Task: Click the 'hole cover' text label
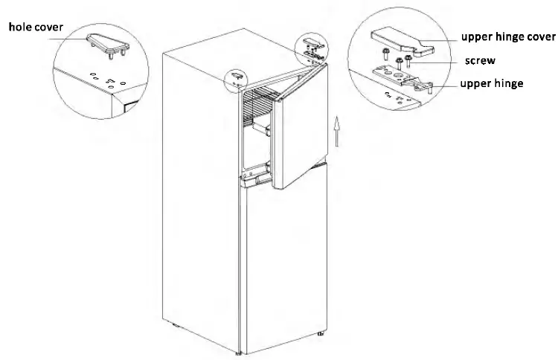(x=36, y=28)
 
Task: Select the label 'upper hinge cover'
(x=507, y=36)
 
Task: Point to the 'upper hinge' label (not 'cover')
(x=491, y=83)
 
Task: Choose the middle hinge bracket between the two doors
(x=257, y=179)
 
